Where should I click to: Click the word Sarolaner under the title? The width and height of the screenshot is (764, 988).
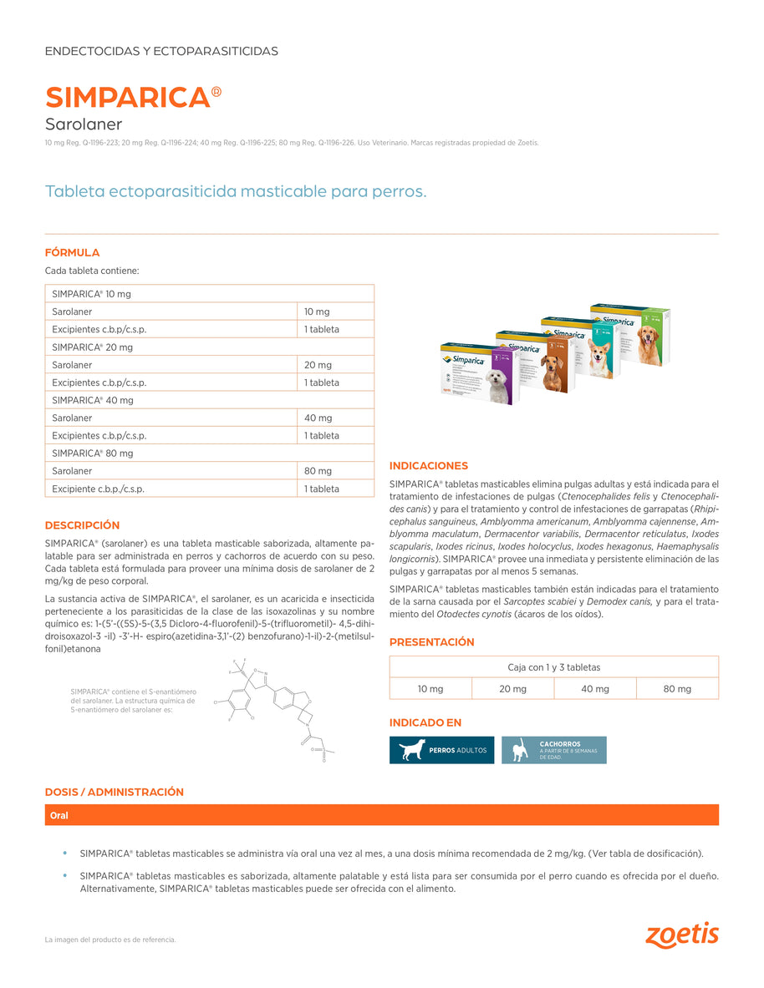click(x=83, y=124)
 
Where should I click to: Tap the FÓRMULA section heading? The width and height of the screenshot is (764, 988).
click(x=72, y=252)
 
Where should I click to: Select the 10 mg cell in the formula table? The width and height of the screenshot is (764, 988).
click(x=318, y=312)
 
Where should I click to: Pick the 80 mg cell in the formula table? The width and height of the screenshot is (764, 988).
click(x=318, y=471)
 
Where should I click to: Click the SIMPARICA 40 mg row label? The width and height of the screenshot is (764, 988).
click(x=93, y=400)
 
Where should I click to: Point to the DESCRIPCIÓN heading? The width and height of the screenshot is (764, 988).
click(x=82, y=525)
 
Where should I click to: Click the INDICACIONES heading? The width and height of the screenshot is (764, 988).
click(x=429, y=466)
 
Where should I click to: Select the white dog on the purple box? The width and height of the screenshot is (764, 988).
click(x=497, y=385)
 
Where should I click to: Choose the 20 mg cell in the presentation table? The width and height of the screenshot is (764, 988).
click(x=512, y=689)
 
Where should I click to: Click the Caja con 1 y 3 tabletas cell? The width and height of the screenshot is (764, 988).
click(x=553, y=667)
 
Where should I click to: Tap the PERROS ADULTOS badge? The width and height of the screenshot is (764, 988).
click(x=441, y=750)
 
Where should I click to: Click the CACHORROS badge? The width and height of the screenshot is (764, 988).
click(x=553, y=750)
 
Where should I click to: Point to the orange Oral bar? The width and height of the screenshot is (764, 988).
click(x=381, y=815)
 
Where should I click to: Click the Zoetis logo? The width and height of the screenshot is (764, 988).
click(x=681, y=935)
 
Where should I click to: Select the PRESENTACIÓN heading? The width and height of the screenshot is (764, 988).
click(x=431, y=642)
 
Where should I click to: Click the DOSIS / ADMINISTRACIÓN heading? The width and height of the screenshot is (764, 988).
click(x=114, y=792)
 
